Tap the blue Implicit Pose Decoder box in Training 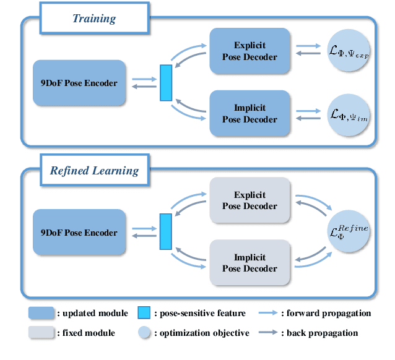pos(250,114)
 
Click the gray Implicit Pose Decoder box pos(250,263)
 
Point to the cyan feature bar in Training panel pos(165,83)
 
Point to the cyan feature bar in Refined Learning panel pos(165,233)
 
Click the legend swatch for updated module pos(41,313)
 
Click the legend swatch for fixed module pos(41,333)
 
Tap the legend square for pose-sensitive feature pos(144,313)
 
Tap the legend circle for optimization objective pos(144,333)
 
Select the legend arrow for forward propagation pos(269,313)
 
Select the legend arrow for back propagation pos(269,333)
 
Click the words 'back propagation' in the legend pos(323,333)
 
